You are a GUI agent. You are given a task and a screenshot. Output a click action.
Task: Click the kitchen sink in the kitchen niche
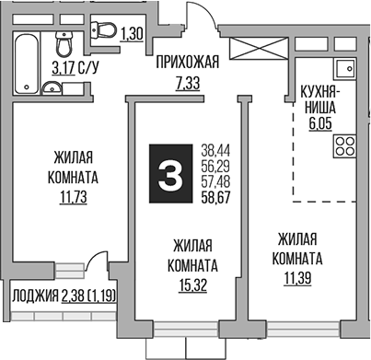tap(347, 70)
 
